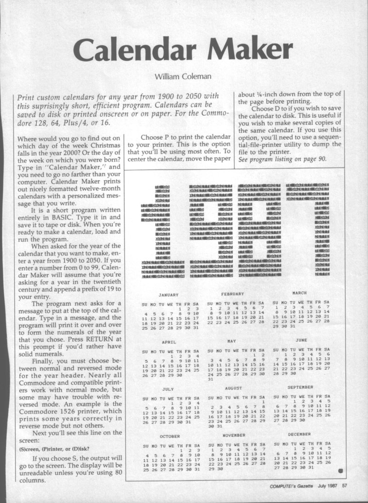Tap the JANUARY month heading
(x=168, y=295)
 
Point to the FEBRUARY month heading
(x=232, y=293)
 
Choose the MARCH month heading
(x=300, y=292)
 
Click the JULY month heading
(x=168, y=389)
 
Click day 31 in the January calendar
(x=196, y=328)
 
